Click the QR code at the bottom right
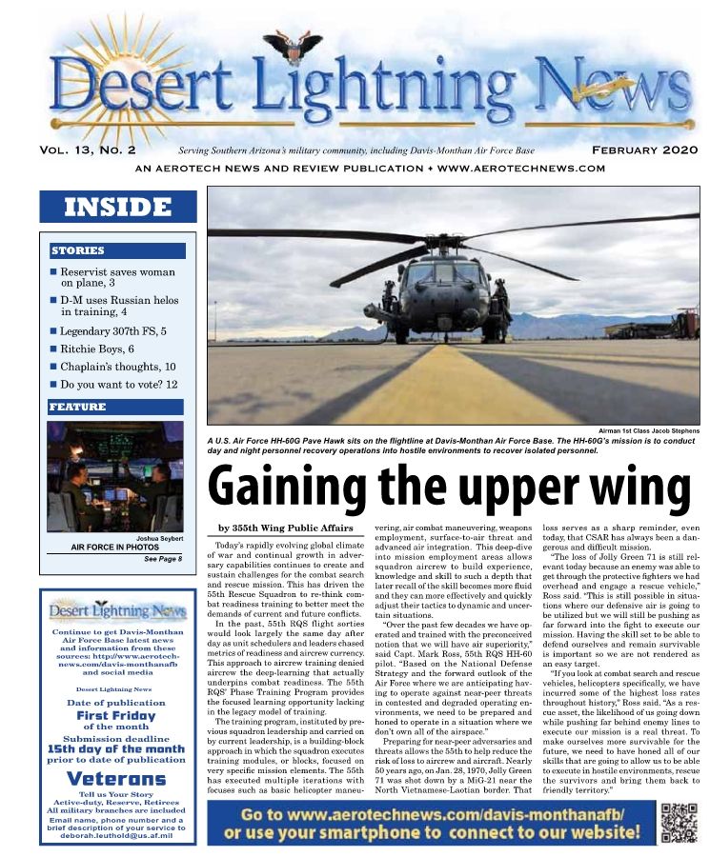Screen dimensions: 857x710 679,822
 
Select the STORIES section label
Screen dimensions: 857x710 78,251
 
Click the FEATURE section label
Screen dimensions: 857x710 77,408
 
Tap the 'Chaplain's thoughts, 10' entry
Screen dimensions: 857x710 118,367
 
